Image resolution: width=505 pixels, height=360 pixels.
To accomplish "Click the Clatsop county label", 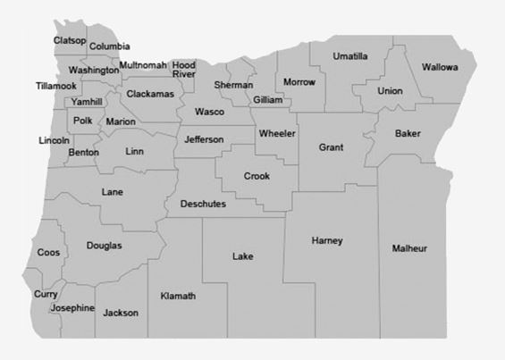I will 70,40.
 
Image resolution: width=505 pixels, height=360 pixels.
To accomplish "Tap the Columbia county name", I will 110,46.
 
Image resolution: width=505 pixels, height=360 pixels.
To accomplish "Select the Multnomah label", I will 143,66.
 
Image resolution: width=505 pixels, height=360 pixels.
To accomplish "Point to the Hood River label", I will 184,70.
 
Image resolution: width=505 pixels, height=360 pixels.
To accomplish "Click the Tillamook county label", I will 56,86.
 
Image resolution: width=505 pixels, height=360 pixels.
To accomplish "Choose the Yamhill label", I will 88,102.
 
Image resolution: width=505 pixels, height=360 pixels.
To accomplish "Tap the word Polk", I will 83,121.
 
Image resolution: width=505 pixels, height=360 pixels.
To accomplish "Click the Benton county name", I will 83,153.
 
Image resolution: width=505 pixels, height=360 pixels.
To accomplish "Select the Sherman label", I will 233,85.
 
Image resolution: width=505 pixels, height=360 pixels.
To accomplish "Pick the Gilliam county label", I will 267,100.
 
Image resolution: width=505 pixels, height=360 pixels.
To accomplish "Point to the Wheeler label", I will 277,134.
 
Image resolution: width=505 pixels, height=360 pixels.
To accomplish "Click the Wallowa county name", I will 440,67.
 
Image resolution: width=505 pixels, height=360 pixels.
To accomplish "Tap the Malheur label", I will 409,247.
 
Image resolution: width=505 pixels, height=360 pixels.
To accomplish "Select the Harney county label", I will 327,241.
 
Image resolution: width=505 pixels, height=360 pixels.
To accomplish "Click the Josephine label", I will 72,308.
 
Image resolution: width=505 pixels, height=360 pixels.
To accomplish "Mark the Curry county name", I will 46,294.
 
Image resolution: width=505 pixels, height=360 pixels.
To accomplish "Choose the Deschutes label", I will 203,205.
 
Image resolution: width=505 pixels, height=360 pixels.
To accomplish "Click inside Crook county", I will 257,176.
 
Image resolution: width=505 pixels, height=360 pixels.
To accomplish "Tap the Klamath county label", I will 178,296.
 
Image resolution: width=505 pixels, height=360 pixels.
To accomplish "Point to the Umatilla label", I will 350,56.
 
